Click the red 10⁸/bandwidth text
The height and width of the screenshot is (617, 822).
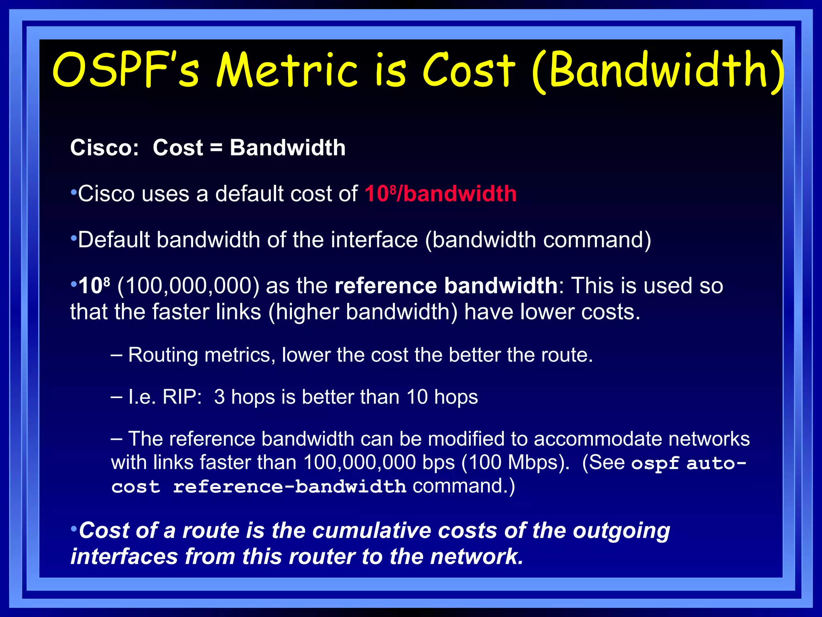click(440, 194)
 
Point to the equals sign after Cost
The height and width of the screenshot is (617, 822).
click(216, 147)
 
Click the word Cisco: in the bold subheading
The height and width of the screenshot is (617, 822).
click(104, 147)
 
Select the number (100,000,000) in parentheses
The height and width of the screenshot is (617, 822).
click(188, 286)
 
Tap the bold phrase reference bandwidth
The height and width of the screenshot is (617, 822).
click(446, 286)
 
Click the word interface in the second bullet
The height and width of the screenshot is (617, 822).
click(374, 240)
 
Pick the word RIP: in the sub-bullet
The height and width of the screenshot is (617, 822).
click(182, 397)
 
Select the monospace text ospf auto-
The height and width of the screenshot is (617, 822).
click(688, 463)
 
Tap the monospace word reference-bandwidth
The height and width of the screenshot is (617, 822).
click(289, 487)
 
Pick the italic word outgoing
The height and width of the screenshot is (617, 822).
click(621, 531)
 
